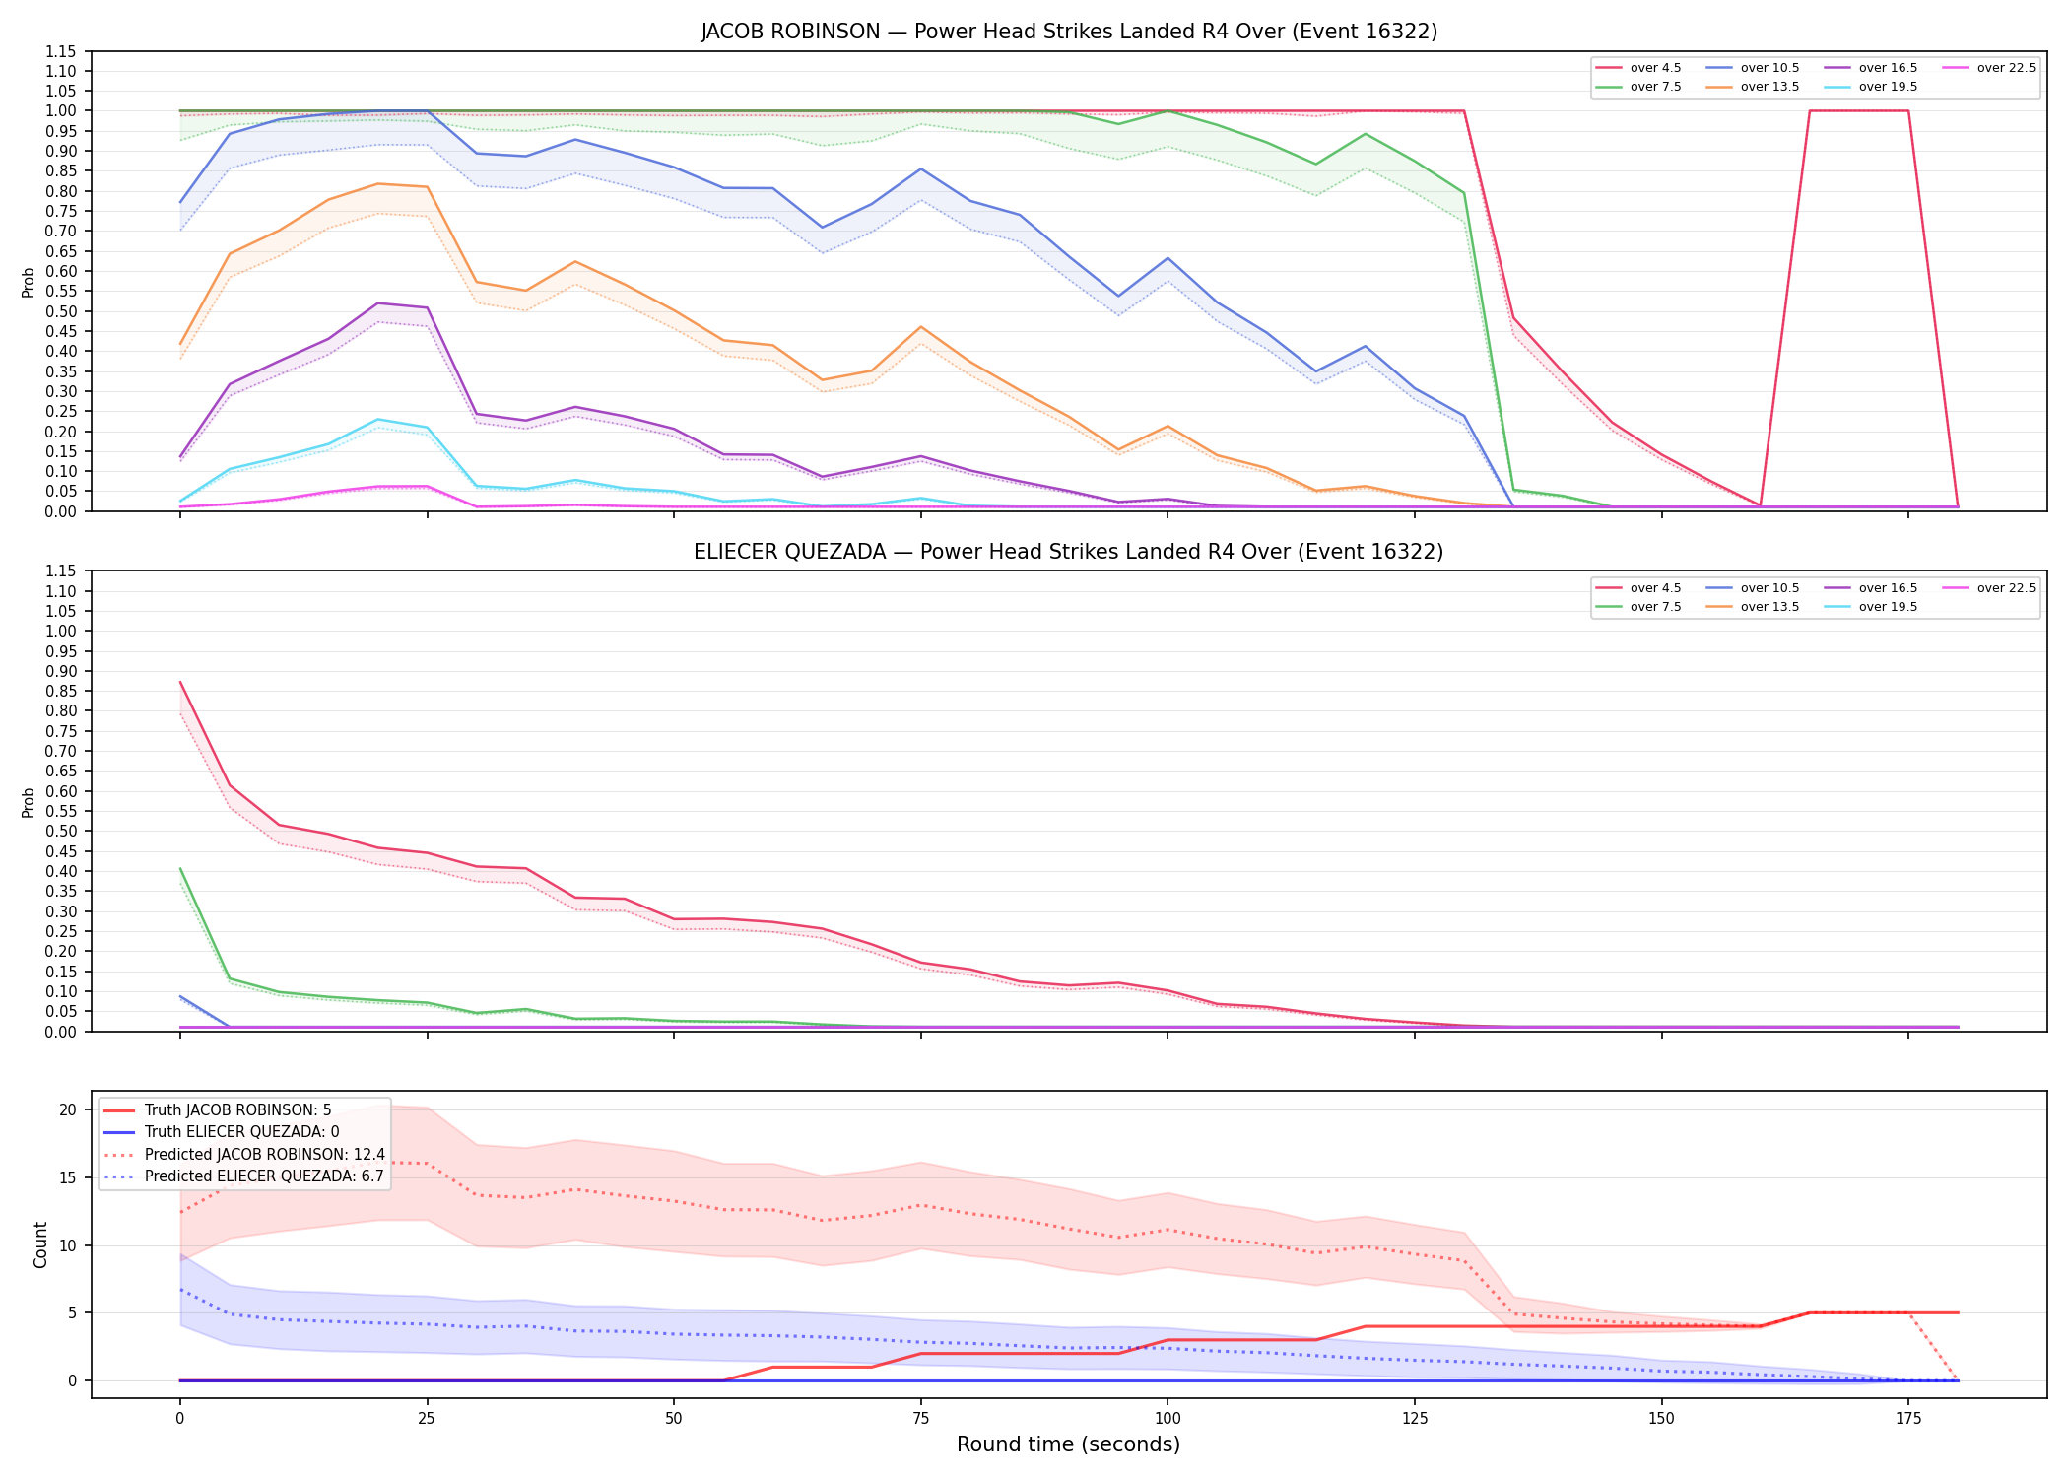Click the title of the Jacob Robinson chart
coord(1069,32)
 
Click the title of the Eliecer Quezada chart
coord(1069,552)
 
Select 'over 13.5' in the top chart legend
coord(1769,87)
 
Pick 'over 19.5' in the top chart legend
coord(1888,87)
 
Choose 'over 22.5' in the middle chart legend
coord(2006,588)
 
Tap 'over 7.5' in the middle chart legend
coord(1655,607)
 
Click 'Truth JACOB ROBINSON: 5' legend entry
coord(237,1110)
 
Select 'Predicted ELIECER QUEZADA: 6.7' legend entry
coord(264,1176)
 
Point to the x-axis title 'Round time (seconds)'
coord(1068,1444)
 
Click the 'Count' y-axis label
coord(40,1244)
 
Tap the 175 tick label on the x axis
coord(1908,1419)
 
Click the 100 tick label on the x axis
coord(1168,1419)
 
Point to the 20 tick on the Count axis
coord(68,1109)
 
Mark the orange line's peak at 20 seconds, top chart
coord(377,184)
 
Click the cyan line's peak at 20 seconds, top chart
coord(377,420)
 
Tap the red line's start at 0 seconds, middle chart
coord(180,682)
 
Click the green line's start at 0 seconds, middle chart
coord(180,868)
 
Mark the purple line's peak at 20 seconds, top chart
coord(377,302)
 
